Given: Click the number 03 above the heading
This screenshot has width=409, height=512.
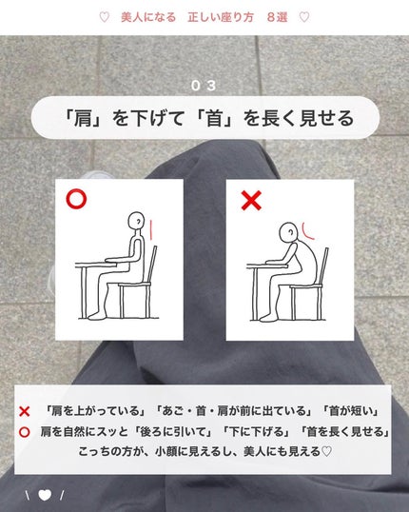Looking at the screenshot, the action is (x=204, y=86).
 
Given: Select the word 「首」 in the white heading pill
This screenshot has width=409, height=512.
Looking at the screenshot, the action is (x=215, y=118).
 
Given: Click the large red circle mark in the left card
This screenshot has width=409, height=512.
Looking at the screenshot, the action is (x=76, y=199).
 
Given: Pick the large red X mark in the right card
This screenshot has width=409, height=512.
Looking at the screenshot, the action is (x=251, y=201).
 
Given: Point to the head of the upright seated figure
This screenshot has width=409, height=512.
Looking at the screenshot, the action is (x=136, y=221).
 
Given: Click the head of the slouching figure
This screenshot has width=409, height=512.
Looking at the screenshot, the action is (x=288, y=232).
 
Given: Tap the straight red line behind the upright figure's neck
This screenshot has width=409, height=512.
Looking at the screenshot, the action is (x=151, y=230).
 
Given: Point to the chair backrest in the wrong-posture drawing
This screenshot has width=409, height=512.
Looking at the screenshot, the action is (x=324, y=266).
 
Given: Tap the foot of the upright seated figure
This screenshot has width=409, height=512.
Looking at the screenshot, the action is (x=97, y=315).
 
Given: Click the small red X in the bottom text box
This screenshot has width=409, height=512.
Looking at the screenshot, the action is (x=25, y=411).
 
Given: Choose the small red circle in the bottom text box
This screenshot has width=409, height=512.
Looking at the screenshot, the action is (x=25, y=432).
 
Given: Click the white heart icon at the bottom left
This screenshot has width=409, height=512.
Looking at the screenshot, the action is (x=45, y=496).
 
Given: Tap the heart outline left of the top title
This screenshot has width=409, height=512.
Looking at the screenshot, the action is (x=104, y=17).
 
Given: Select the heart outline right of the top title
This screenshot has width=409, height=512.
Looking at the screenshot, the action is (x=304, y=17).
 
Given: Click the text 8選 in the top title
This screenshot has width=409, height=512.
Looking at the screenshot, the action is (x=277, y=17).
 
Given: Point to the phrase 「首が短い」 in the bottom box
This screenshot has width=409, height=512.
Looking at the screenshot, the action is (x=350, y=411).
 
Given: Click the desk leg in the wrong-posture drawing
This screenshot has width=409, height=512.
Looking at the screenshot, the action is (x=255, y=293).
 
